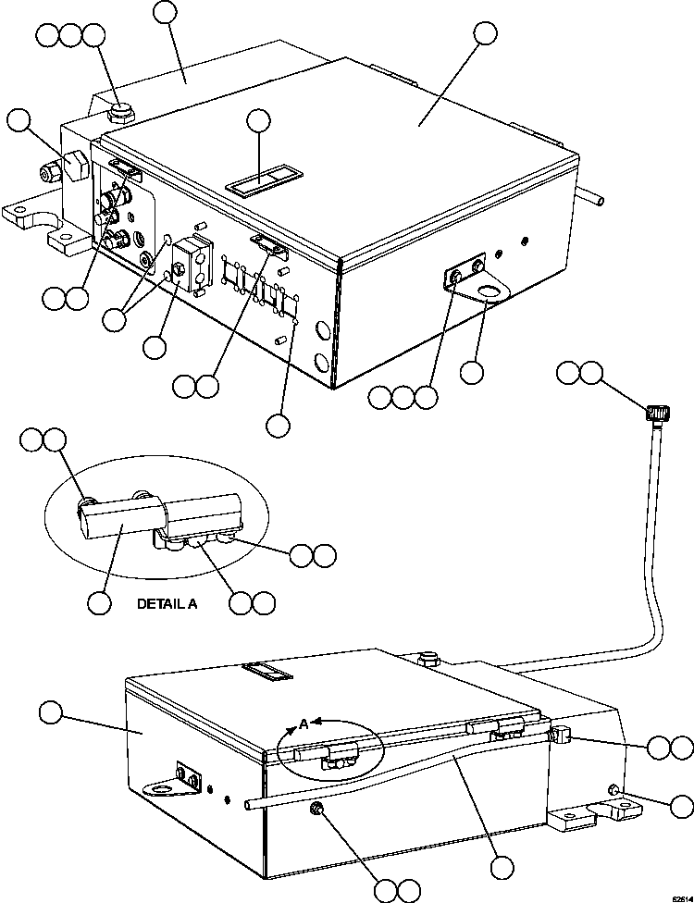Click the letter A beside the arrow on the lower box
303,724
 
